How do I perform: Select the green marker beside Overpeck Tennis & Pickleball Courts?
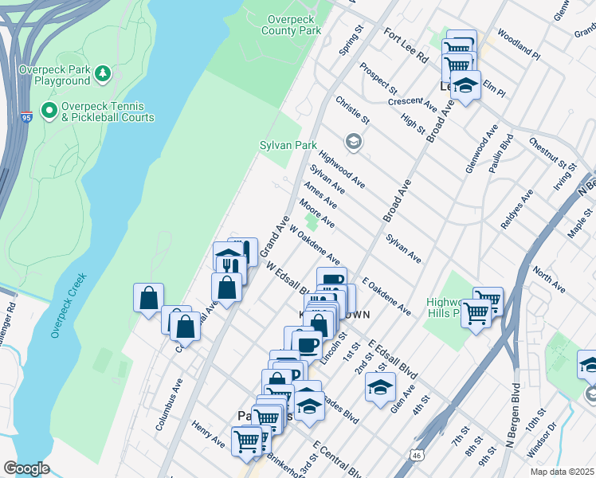tap(49, 111)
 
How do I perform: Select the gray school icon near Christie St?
tap(353, 142)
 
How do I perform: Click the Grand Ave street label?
tap(274, 237)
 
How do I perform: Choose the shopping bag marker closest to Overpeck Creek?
tap(148, 299)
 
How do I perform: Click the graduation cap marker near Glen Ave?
tap(381, 388)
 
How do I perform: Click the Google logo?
tap(26, 468)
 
